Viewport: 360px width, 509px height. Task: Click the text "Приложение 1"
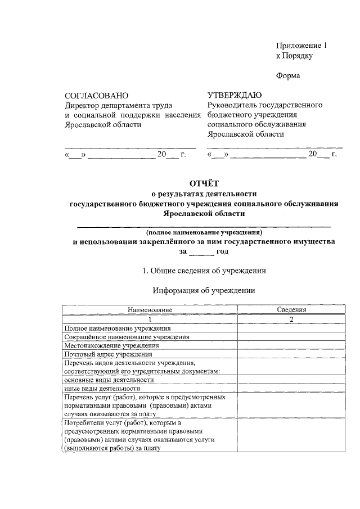[301, 45]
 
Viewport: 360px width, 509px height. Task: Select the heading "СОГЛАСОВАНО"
[96, 96]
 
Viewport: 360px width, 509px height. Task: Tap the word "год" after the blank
[222, 252]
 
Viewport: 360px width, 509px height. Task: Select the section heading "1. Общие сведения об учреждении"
[204, 271]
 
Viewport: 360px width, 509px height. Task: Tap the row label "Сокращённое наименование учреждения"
[127, 337]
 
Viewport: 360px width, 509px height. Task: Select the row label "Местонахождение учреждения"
[111, 345]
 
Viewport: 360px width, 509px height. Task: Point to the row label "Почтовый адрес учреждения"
[109, 354]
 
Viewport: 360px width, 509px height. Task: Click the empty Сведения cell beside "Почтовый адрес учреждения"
[291, 354]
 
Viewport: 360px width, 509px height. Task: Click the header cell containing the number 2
[291, 319]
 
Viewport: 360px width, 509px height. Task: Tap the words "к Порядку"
[294, 56]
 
